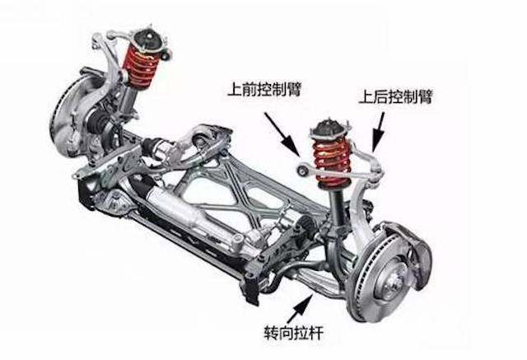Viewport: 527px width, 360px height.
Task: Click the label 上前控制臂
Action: pyautogui.click(x=264, y=90)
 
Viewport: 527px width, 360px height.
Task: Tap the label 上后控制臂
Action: pyautogui.click(x=395, y=97)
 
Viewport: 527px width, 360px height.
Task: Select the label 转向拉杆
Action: pyautogui.click(x=294, y=333)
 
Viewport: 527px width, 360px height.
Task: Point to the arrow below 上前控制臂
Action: pyautogui.click(x=282, y=134)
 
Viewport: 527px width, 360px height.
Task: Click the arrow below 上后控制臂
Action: pyautogui.click(x=379, y=132)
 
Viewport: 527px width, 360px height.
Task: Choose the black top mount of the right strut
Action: pyautogui.click(x=331, y=129)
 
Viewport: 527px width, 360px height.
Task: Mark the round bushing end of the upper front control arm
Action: pyautogui.click(x=302, y=170)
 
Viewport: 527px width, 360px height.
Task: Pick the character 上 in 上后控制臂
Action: pyautogui.click(x=366, y=97)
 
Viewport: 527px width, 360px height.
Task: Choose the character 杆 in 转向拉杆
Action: pyautogui.click(x=316, y=333)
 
